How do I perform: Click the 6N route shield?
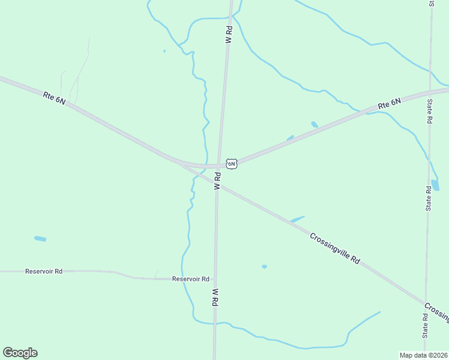(232, 163)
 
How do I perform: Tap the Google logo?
(20, 353)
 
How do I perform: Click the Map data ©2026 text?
(424, 355)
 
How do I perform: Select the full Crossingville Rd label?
(335, 248)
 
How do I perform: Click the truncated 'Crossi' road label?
(437, 310)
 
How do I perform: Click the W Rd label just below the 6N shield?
(218, 182)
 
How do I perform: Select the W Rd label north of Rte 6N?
(229, 34)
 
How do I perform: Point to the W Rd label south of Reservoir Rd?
(214, 297)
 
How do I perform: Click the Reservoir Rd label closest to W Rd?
(190, 279)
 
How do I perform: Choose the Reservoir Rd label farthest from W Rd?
(44, 271)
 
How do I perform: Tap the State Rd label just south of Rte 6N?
(430, 111)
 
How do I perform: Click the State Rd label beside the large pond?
(429, 199)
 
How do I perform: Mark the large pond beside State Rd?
(435, 185)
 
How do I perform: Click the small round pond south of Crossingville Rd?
(264, 266)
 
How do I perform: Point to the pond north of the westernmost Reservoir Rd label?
(40, 239)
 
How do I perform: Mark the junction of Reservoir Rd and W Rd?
(215, 280)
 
